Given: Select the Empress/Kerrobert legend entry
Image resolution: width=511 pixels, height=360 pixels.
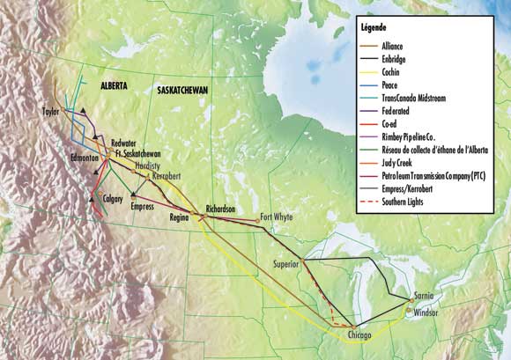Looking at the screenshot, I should pyautogui.click(x=416, y=190).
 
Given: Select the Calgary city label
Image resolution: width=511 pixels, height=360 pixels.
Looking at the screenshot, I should pyautogui.click(x=113, y=199).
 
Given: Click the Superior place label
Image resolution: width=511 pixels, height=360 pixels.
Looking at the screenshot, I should pyautogui.click(x=283, y=263).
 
